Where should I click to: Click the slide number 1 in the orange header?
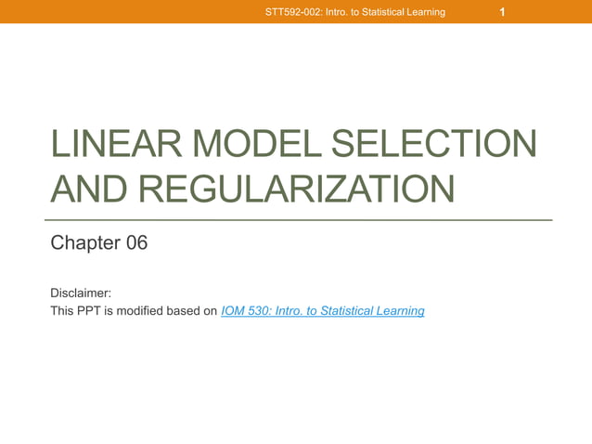point(502,12)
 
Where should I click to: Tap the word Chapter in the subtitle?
point(84,243)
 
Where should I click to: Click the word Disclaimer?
point(81,293)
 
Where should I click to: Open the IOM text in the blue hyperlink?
point(234,311)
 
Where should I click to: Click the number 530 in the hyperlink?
point(262,311)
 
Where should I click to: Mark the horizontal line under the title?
point(301,220)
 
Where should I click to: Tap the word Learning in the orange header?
point(423,12)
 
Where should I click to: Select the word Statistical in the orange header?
point(375,12)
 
